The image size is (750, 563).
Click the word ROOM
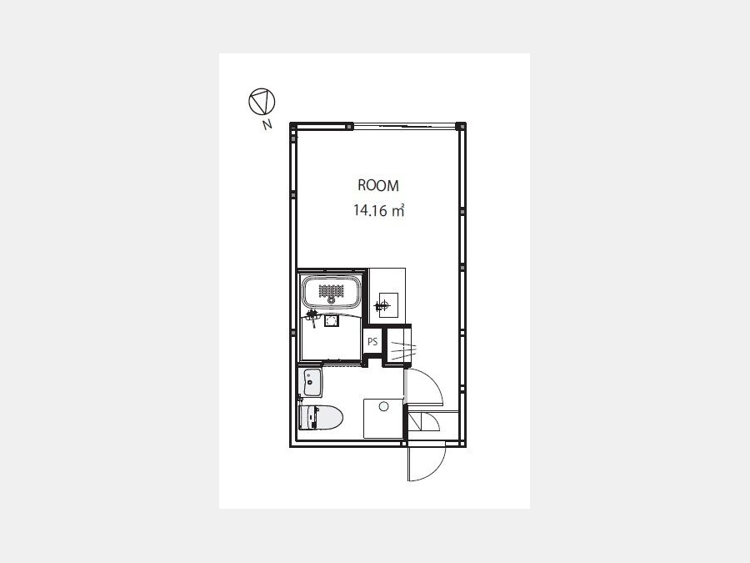(x=377, y=185)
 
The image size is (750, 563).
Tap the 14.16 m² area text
(x=379, y=210)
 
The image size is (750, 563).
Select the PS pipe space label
(x=372, y=342)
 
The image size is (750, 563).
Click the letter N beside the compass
(x=267, y=124)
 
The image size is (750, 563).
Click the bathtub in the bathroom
(x=331, y=292)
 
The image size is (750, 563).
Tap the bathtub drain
(x=331, y=299)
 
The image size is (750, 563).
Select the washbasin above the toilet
(x=311, y=382)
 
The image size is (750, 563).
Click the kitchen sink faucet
(x=382, y=305)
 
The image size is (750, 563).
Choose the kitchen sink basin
(x=387, y=304)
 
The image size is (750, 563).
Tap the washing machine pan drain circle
(x=383, y=406)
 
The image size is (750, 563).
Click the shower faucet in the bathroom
(x=312, y=317)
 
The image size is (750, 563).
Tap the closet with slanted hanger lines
(x=398, y=345)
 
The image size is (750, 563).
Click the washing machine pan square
(x=383, y=419)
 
